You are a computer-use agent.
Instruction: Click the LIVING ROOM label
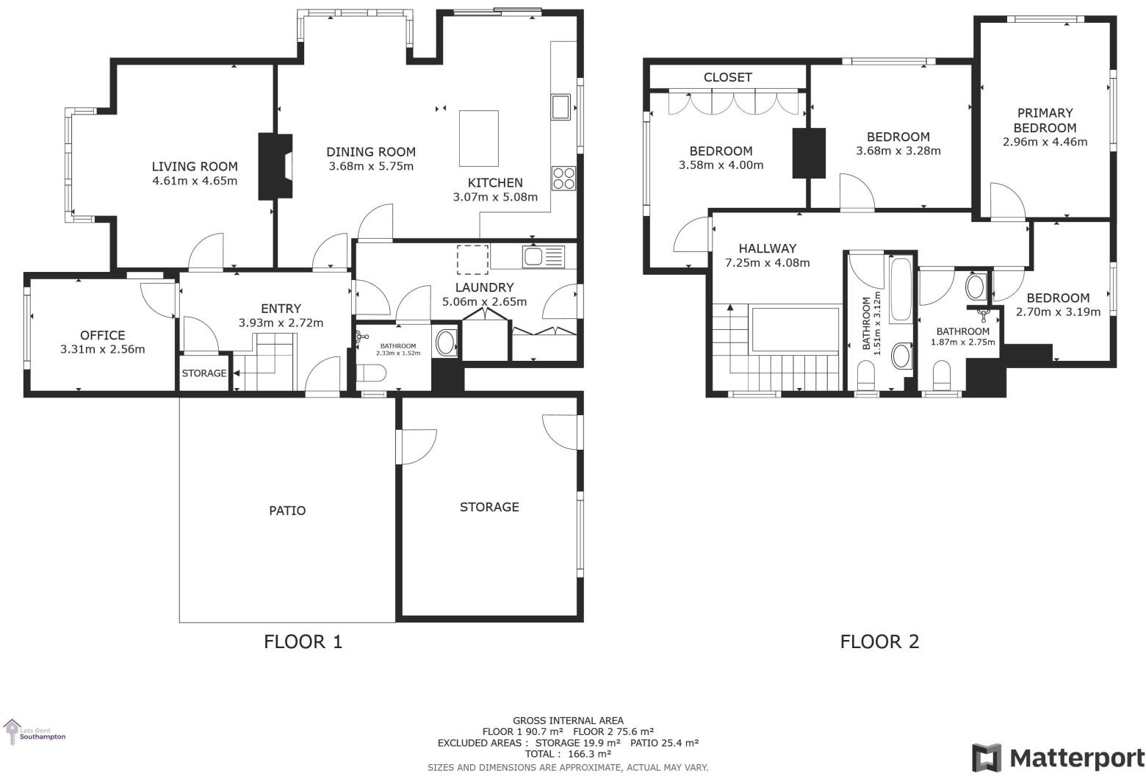tap(195, 167)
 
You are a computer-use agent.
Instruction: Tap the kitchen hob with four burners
tap(563, 179)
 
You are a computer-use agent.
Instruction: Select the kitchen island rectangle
tap(479, 138)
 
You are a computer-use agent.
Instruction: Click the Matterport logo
tap(1058, 758)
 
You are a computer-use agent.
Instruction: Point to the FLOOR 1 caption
tap(303, 642)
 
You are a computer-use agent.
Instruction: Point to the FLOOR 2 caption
tap(879, 642)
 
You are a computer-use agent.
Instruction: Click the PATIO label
tap(287, 511)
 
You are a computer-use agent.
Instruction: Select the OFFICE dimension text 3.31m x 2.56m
tap(102, 349)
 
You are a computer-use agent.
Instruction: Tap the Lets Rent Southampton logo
tap(35, 732)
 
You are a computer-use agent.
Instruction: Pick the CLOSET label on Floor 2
tap(727, 77)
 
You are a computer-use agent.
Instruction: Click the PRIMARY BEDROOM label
tap(1045, 120)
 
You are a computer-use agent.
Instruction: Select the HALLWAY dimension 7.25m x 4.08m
tap(767, 262)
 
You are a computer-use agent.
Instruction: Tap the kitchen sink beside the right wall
tap(561, 107)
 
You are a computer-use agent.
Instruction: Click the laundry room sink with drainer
tap(543, 256)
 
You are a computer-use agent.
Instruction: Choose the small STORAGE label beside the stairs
tap(203, 373)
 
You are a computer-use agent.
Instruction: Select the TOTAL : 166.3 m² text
tap(568, 753)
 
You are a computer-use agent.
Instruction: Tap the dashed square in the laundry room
tap(472, 259)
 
